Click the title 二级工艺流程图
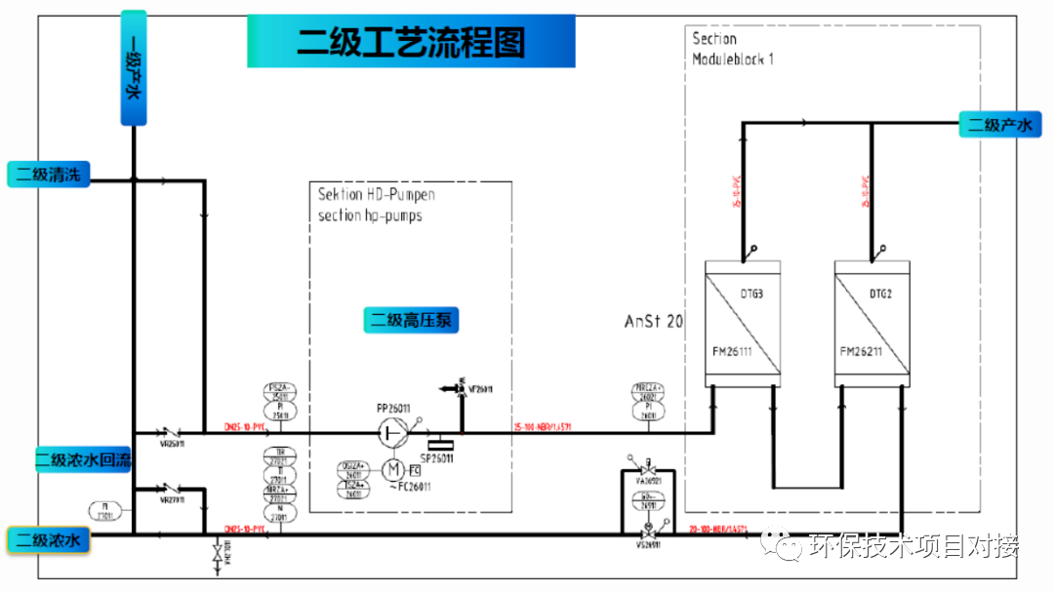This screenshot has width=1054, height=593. [x=411, y=42]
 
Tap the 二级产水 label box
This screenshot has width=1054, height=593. [x=999, y=125]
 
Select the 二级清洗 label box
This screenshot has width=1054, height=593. [x=49, y=176]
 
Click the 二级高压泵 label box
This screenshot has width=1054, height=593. [x=414, y=320]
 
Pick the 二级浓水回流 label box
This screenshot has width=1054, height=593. [x=83, y=459]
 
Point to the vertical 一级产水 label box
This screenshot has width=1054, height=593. [x=134, y=68]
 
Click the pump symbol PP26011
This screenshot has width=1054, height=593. [x=393, y=431]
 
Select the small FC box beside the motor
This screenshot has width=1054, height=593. [x=415, y=471]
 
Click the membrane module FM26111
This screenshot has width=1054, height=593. [x=743, y=324]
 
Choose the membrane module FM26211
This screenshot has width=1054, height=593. [x=872, y=324]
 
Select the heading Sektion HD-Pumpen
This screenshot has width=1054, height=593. [x=377, y=194]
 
